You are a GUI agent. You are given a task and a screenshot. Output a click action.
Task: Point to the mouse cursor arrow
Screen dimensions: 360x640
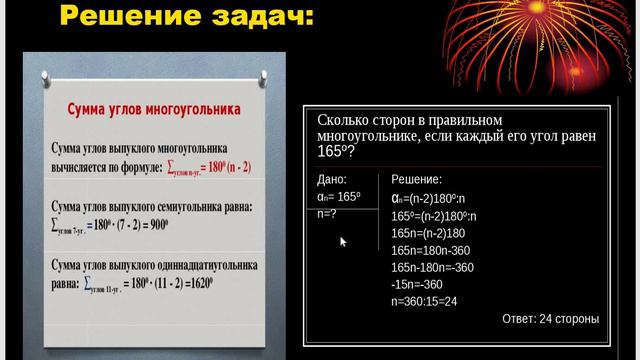(343, 241)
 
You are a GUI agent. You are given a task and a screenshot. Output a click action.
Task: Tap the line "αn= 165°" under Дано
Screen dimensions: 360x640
(339, 197)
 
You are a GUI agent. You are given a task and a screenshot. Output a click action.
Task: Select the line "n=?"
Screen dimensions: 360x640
(326, 214)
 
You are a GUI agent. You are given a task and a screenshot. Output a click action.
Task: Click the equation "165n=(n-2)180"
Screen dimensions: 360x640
(438, 232)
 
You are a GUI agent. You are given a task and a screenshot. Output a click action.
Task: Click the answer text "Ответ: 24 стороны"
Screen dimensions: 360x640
(550, 319)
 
